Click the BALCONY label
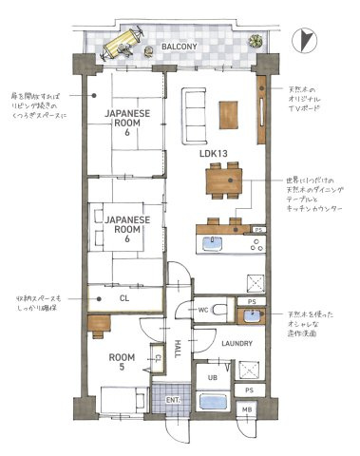pyautogui.click(x=178, y=45)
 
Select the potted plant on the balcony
pyautogui.click(x=253, y=43)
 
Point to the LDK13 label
pyautogui.click(x=213, y=151)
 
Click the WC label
pyautogui.click(x=203, y=311)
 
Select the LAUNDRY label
pyautogui.click(x=235, y=343)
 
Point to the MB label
pyautogui.click(x=247, y=409)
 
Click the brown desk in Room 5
pyautogui.click(x=100, y=322)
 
